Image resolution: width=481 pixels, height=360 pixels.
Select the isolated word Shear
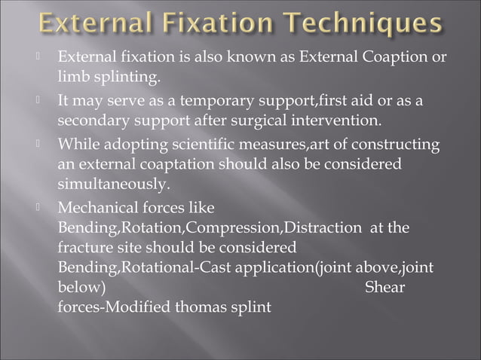384,287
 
